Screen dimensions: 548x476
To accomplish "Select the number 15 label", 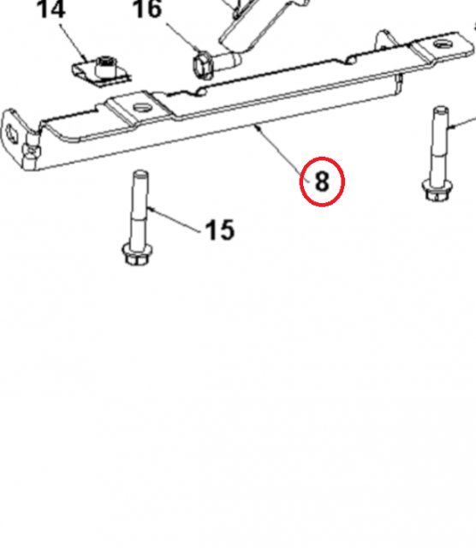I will [219, 229].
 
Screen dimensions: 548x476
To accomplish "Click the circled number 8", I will [322, 182].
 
